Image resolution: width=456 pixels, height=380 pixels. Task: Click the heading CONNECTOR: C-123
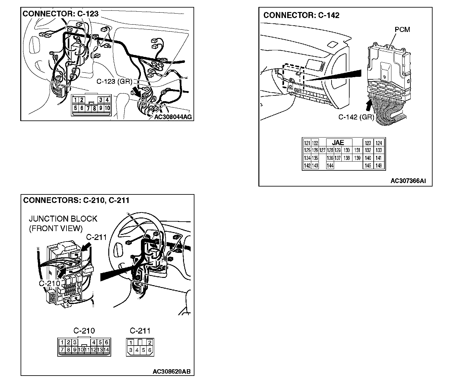click(60, 14)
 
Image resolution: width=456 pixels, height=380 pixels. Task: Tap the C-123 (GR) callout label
click(114, 82)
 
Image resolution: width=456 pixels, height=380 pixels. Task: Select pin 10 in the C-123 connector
click(107, 108)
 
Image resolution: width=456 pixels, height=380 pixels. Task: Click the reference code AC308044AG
click(173, 117)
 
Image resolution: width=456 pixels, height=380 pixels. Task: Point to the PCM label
click(402, 30)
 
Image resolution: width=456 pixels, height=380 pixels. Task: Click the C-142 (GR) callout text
click(356, 117)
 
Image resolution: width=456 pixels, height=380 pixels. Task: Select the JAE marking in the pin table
click(338, 143)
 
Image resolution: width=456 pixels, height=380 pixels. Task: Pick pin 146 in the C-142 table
click(379, 166)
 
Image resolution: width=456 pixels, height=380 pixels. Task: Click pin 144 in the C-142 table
click(330, 166)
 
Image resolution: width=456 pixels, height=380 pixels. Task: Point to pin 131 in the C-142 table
click(357, 150)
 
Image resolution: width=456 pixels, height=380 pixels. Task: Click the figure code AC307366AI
click(408, 181)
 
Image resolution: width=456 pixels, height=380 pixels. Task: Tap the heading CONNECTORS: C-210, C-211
click(76, 200)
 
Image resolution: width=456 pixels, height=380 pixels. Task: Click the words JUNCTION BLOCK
click(63, 219)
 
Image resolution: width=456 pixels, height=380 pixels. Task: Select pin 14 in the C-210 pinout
click(106, 350)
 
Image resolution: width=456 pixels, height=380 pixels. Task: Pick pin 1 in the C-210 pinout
click(62, 342)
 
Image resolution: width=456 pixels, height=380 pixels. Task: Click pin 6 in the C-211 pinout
click(150, 350)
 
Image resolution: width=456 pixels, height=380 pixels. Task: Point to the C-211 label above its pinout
click(140, 331)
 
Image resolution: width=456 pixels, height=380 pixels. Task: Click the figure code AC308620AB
click(171, 371)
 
